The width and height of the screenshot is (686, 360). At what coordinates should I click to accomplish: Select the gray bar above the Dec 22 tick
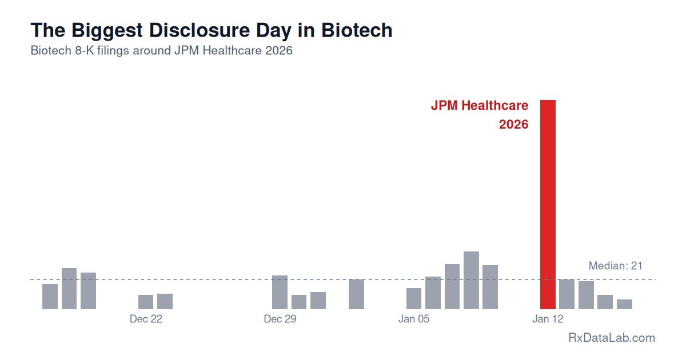(x=146, y=302)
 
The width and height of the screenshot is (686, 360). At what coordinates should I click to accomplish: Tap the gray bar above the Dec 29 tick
(x=280, y=292)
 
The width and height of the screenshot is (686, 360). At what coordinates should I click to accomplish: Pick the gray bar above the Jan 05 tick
(x=414, y=298)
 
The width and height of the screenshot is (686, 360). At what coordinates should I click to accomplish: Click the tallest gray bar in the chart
(x=471, y=280)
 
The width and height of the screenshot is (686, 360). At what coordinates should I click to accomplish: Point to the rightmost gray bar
(x=624, y=304)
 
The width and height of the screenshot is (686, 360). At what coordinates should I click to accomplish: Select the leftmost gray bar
(x=50, y=296)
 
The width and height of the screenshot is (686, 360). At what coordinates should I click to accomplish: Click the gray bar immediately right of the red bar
(x=567, y=294)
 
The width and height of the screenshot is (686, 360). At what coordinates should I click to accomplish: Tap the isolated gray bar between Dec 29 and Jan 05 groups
(x=356, y=294)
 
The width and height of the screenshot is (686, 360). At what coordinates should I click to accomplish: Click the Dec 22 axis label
(x=146, y=319)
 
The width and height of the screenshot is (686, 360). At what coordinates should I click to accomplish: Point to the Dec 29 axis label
(x=280, y=319)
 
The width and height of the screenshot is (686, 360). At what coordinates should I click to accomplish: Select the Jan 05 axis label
(x=414, y=319)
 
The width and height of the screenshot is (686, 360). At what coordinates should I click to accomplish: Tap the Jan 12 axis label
(x=548, y=319)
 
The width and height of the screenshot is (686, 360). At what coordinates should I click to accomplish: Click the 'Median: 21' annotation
(x=616, y=266)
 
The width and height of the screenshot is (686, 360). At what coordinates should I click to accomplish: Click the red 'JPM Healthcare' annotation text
(x=479, y=106)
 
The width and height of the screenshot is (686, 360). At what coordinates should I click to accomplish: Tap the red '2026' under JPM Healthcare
(x=513, y=125)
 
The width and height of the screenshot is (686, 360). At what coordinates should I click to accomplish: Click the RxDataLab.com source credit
(x=612, y=338)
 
